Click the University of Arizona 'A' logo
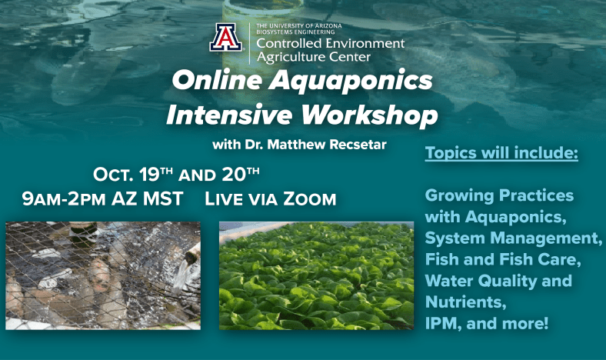[226, 38]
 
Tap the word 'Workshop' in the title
[369, 115]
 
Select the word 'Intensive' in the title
[229, 115]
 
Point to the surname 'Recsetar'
[358, 145]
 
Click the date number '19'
[148, 175]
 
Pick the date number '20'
[235, 175]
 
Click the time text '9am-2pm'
[64, 198]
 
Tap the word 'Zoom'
[310, 198]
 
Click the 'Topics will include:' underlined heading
[501, 153]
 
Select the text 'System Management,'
[514, 238]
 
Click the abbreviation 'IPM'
[440, 323]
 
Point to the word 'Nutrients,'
[466, 302]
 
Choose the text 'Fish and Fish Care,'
[503, 259]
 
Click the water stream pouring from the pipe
[180, 275]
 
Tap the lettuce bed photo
[317, 275]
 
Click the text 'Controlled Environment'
[331, 43]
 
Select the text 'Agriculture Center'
[314, 57]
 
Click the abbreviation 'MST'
[163, 198]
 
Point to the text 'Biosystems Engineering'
[295, 32]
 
